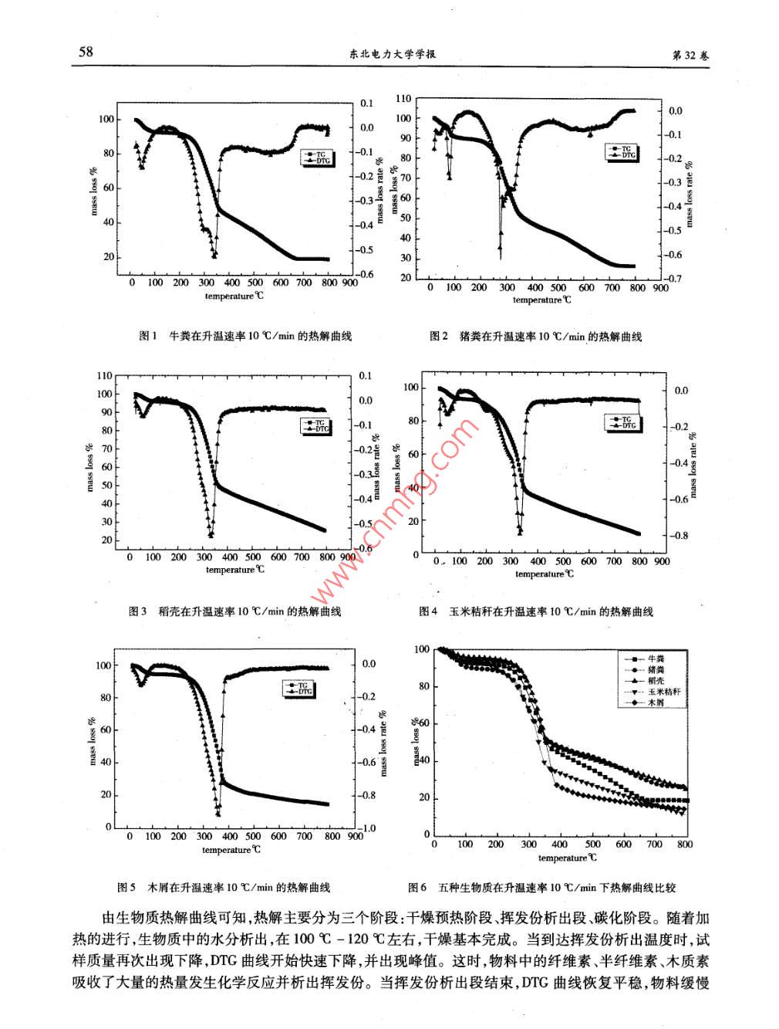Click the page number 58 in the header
[86, 52]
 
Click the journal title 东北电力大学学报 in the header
[389, 55]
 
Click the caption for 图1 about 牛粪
[244, 337]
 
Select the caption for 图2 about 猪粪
[535, 337]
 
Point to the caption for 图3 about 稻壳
[234, 611]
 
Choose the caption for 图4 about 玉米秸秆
[536, 611]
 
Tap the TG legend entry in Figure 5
[304, 685]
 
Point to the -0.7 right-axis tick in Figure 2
[674, 279]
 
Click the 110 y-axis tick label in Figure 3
[104, 376]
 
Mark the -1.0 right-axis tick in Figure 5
[369, 828]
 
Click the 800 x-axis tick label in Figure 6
[684, 845]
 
